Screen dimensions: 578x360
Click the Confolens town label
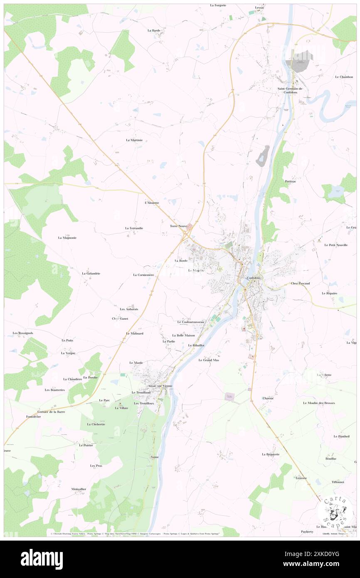[253, 278]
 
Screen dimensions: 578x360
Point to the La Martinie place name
[134, 140]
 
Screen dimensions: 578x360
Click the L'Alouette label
[152, 203]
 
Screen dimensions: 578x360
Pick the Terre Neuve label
[178, 226]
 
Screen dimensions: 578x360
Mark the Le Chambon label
[344, 77]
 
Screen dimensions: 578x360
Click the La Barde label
[154, 30]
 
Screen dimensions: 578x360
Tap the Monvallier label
[79, 489]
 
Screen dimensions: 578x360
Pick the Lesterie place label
[301, 478]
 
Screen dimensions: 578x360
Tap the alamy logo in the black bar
[42, 559]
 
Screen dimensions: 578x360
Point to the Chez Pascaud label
[301, 284]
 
